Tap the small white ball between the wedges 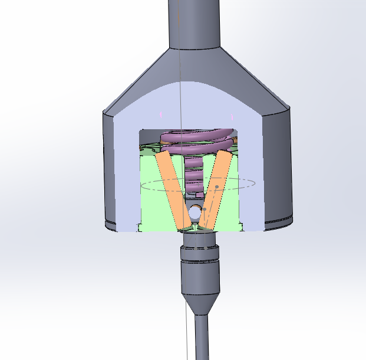(195, 210)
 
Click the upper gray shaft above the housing (194, 24)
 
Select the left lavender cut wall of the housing (127, 171)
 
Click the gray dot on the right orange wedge (217, 187)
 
